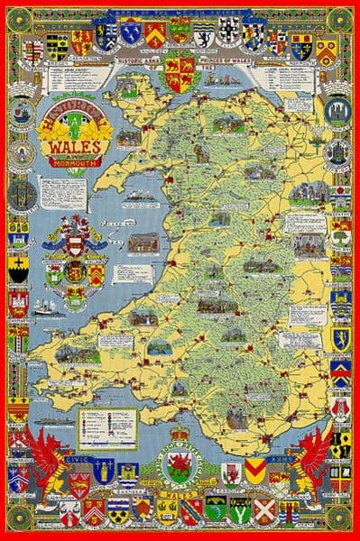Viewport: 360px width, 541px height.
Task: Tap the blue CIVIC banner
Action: tap(79, 457)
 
